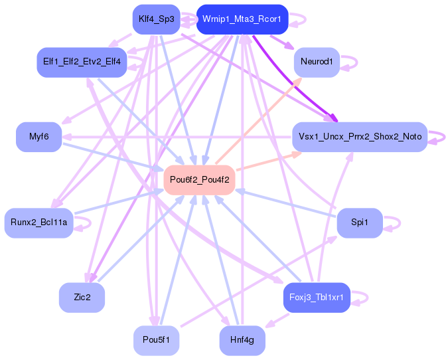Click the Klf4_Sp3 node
(156, 19)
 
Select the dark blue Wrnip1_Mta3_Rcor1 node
(242, 19)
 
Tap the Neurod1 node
(317, 62)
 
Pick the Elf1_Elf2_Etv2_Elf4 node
(82, 62)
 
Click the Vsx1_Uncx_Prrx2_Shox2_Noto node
(360, 137)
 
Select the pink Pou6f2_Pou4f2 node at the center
(199, 179)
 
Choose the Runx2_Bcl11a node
(38, 223)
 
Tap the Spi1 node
(360, 223)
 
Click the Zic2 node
(82, 297)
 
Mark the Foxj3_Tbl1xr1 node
(317, 297)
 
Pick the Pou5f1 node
(156, 340)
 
